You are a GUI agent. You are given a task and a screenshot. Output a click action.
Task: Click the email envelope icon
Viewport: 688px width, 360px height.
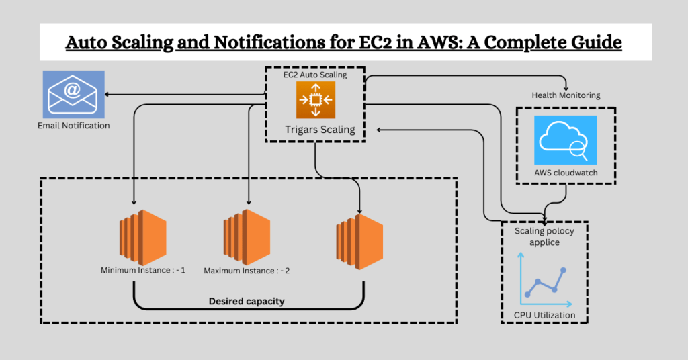[73, 94]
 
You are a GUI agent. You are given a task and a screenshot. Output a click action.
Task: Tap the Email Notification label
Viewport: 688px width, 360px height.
[74, 125]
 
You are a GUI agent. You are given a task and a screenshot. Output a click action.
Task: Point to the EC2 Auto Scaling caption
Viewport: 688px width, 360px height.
[315, 75]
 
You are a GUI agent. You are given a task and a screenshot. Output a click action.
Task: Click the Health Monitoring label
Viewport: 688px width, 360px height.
[566, 95]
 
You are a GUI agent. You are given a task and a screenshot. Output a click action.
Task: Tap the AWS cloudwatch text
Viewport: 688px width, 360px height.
[566, 173]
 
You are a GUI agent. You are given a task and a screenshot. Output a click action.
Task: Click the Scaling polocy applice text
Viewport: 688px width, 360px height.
[544, 236]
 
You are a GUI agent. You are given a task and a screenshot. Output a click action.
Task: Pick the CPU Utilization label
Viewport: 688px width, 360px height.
[544, 315]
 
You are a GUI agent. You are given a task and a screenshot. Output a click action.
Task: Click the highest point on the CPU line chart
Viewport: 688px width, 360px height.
[564, 271]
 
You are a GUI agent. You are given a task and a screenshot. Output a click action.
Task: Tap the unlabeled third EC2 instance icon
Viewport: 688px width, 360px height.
[359, 238]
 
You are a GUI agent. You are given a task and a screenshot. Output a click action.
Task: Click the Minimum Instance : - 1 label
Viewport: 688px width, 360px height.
[143, 270]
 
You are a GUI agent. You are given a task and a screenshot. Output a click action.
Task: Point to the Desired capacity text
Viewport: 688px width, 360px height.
[248, 301]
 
